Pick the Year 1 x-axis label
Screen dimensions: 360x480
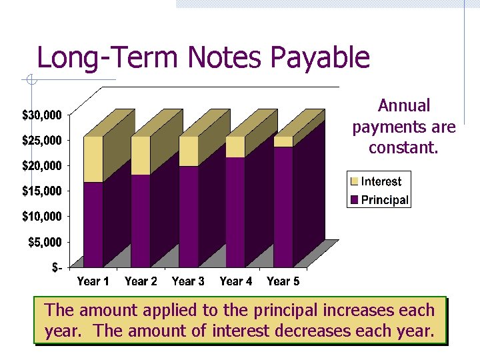coord(93,281)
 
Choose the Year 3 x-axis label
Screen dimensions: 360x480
coord(188,281)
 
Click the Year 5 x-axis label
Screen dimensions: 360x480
coord(283,281)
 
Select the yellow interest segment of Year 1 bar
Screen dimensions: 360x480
coord(93,159)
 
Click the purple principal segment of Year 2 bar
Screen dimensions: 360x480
coord(140,220)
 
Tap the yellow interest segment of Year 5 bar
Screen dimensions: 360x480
coord(283,141)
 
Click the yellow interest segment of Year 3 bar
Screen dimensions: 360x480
coord(189,151)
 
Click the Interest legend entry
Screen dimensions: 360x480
coord(381,181)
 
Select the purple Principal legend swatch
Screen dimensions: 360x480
coord(355,199)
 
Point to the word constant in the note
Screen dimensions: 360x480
coord(403,147)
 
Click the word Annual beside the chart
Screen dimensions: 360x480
coord(404,105)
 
